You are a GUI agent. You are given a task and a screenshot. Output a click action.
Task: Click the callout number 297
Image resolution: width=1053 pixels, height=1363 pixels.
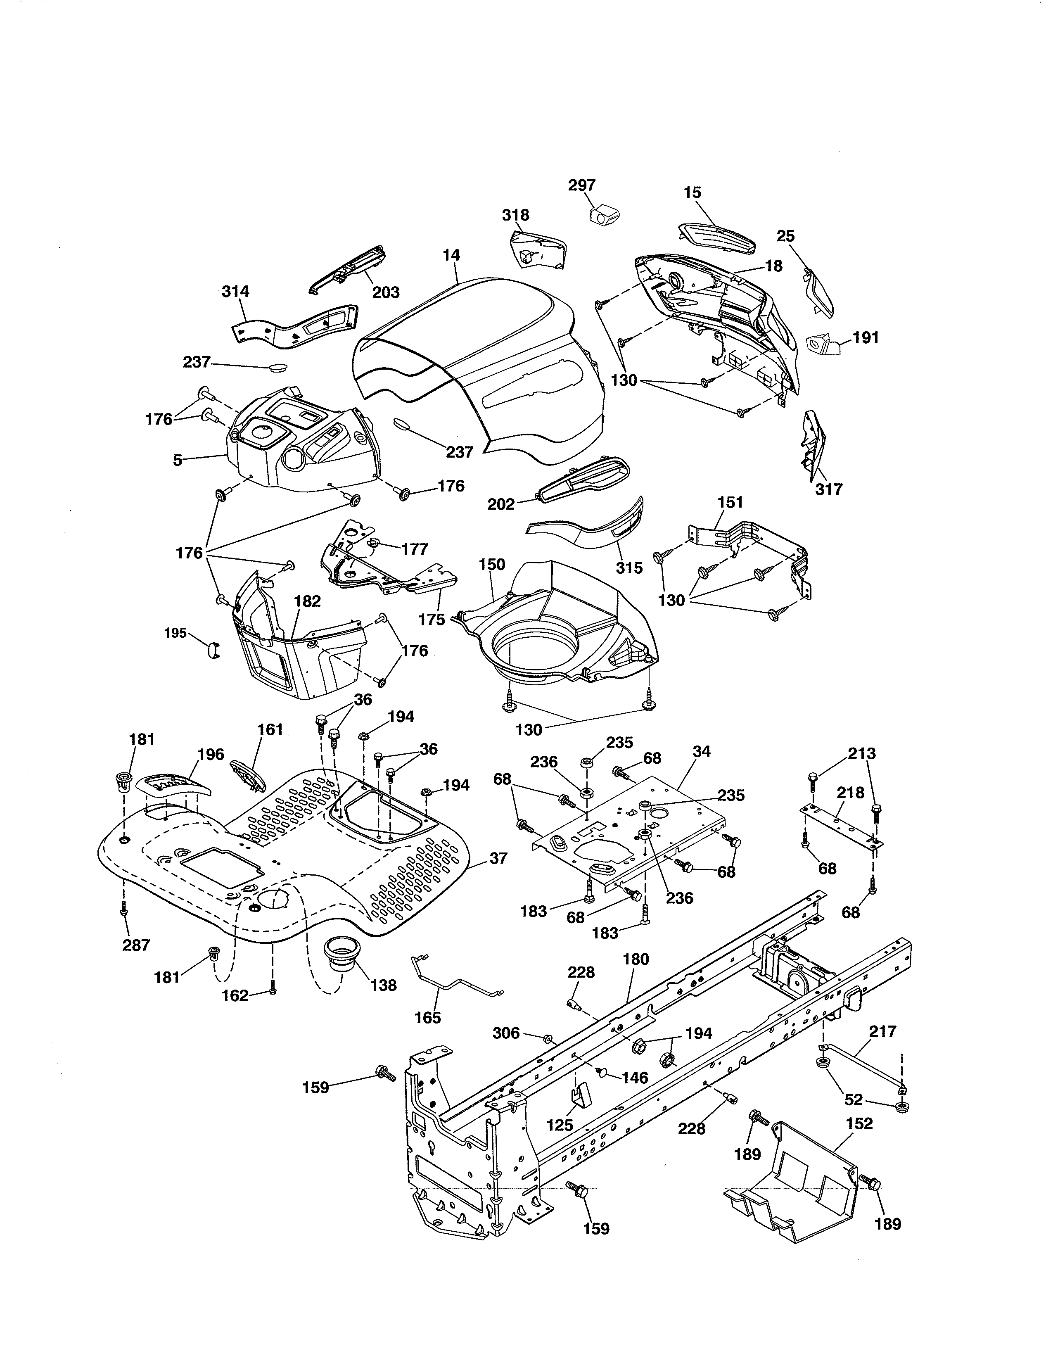tap(581, 185)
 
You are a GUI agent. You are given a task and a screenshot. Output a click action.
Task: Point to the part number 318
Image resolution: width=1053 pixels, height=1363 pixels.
tap(515, 215)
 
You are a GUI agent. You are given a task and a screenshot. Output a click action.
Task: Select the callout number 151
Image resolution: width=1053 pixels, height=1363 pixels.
tap(730, 502)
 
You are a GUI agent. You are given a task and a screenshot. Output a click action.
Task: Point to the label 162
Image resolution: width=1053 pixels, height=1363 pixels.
tap(235, 995)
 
